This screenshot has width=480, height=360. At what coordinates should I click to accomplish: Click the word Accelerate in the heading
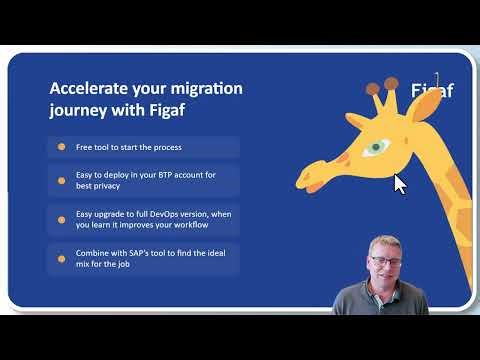tap(86, 88)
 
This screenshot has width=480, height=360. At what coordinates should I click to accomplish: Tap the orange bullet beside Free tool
tap(62, 147)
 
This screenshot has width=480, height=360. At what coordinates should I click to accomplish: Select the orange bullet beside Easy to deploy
tap(62, 181)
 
